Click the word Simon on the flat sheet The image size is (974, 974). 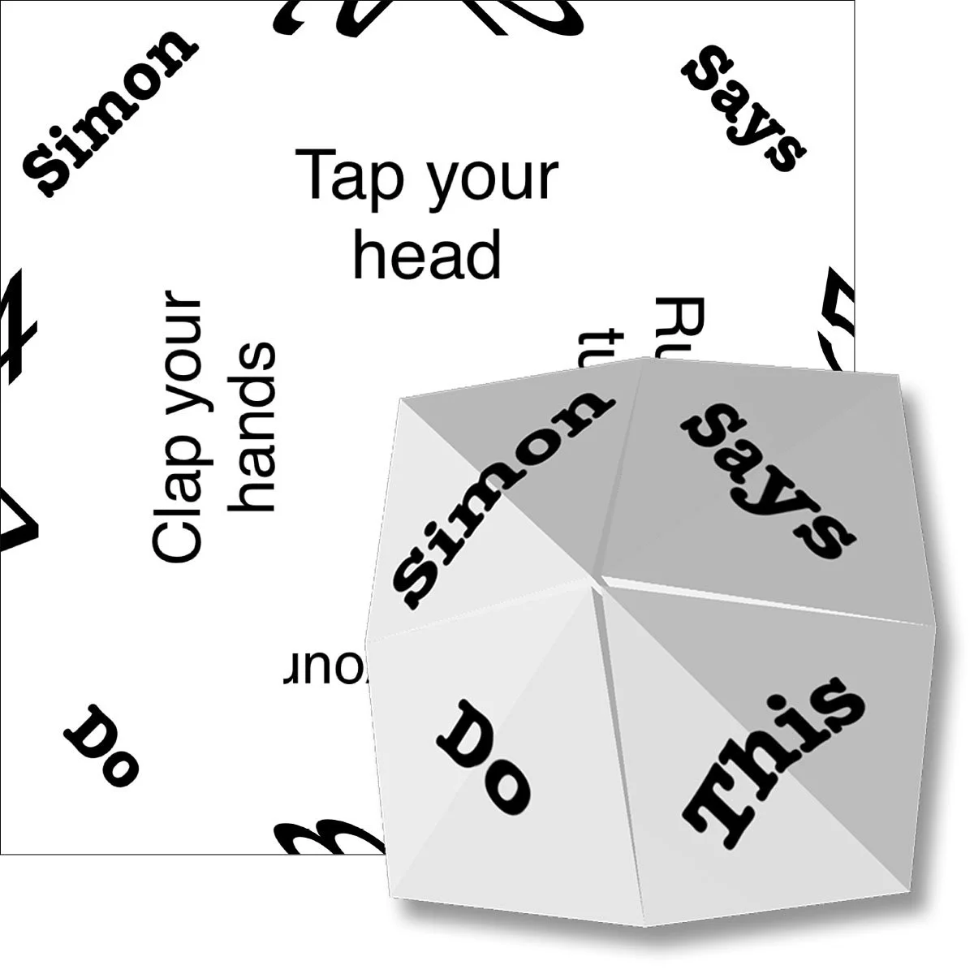click(x=108, y=113)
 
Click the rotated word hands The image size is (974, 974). click(x=253, y=427)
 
